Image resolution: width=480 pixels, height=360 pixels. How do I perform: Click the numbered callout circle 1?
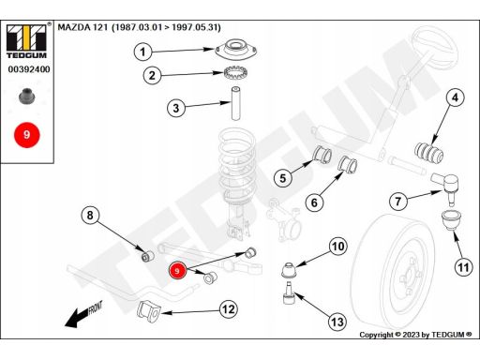[142, 52]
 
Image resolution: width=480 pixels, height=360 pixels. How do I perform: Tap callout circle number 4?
[455, 97]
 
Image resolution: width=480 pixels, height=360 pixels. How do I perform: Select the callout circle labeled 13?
[337, 322]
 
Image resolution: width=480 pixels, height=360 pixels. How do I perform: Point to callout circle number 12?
[229, 309]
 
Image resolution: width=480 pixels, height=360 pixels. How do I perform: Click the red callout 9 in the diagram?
[177, 271]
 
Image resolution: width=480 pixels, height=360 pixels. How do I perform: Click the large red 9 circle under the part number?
[26, 135]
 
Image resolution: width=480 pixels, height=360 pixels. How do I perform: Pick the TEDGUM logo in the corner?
[26, 41]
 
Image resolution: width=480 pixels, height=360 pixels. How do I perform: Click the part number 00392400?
[29, 69]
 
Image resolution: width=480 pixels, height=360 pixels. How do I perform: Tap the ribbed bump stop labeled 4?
[428, 153]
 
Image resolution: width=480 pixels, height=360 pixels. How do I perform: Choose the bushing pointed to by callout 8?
[147, 256]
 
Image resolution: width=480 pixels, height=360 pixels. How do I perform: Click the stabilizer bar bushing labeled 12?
[149, 311]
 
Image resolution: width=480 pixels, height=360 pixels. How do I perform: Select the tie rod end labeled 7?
[445, 188]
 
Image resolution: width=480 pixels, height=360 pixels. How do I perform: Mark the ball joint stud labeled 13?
[289, 293]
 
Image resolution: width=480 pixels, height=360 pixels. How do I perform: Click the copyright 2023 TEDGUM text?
[415, 335]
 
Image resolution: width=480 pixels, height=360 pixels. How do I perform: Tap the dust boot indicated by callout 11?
[451, 220]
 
